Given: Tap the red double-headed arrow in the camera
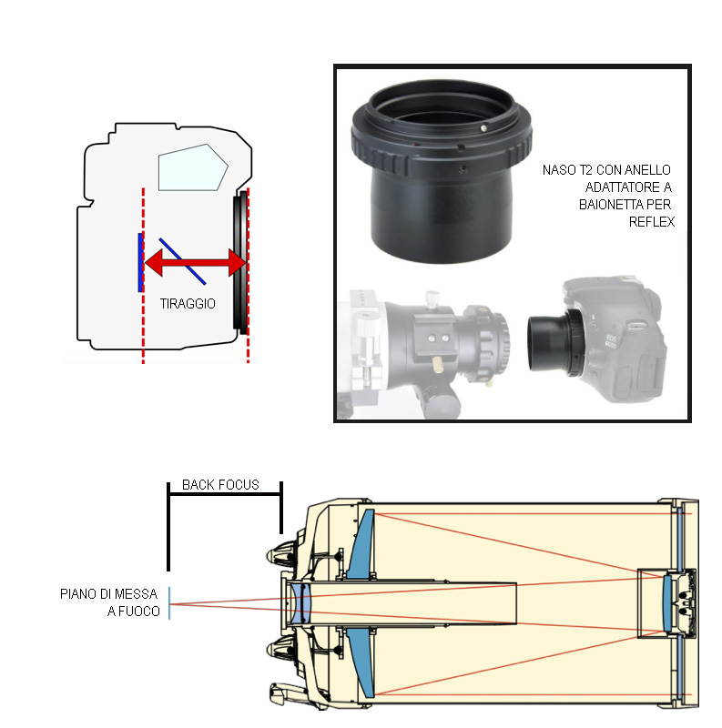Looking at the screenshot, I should (197, 263).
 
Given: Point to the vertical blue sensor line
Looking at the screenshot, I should (139, 262).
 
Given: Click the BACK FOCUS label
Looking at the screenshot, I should (221, 485).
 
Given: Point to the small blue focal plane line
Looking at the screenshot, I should (169, 603).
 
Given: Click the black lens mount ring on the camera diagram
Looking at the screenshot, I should (240, 263).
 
